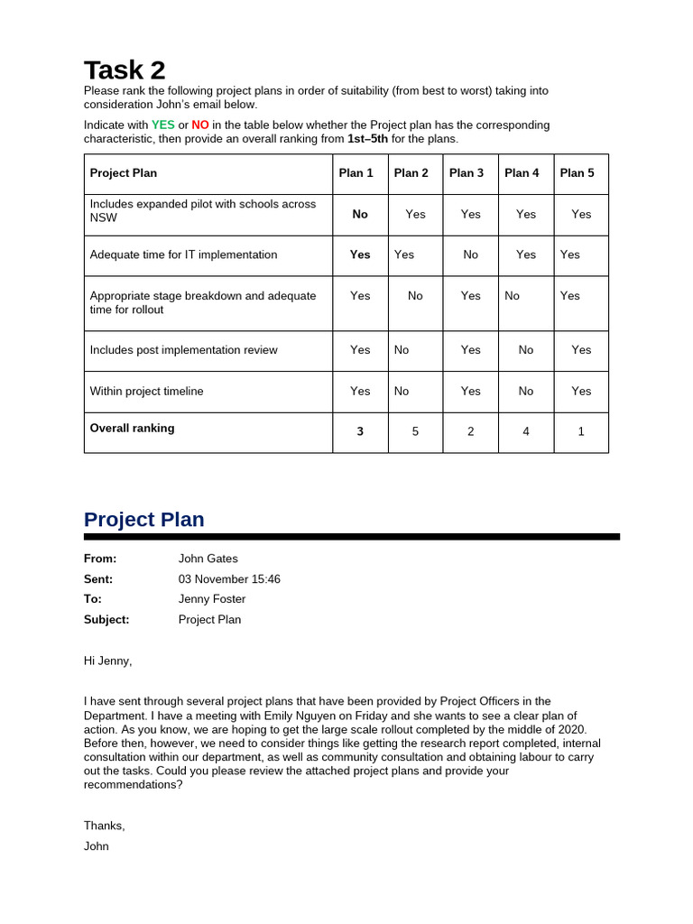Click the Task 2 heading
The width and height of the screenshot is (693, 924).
point(125,69)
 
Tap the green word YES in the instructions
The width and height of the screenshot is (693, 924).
point(163,125)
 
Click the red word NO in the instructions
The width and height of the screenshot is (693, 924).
point(200,125)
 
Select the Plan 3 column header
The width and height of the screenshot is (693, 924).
point(467,173)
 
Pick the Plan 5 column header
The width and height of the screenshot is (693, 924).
point(577,173)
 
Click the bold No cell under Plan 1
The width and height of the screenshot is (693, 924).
point(360,214)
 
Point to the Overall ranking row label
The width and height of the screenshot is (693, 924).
point(132,429)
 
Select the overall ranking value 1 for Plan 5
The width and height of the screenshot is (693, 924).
point(581,432)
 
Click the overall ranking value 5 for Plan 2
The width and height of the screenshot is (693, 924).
point(415,432)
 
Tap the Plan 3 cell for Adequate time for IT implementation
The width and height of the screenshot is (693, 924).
point(470,255)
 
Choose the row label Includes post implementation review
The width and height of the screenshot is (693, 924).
point(183,350)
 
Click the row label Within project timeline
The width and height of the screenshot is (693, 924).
point(146,392)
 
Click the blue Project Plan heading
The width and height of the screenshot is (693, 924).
point(143,520)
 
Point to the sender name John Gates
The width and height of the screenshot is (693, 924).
point(208,559)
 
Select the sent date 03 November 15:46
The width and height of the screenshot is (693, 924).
point(229,579)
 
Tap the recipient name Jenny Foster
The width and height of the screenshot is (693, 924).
point(212,599)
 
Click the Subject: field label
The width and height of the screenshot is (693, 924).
point(106,620)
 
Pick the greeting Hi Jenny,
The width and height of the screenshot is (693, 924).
point(107,661)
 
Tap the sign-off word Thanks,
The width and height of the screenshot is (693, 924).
point(105,826)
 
